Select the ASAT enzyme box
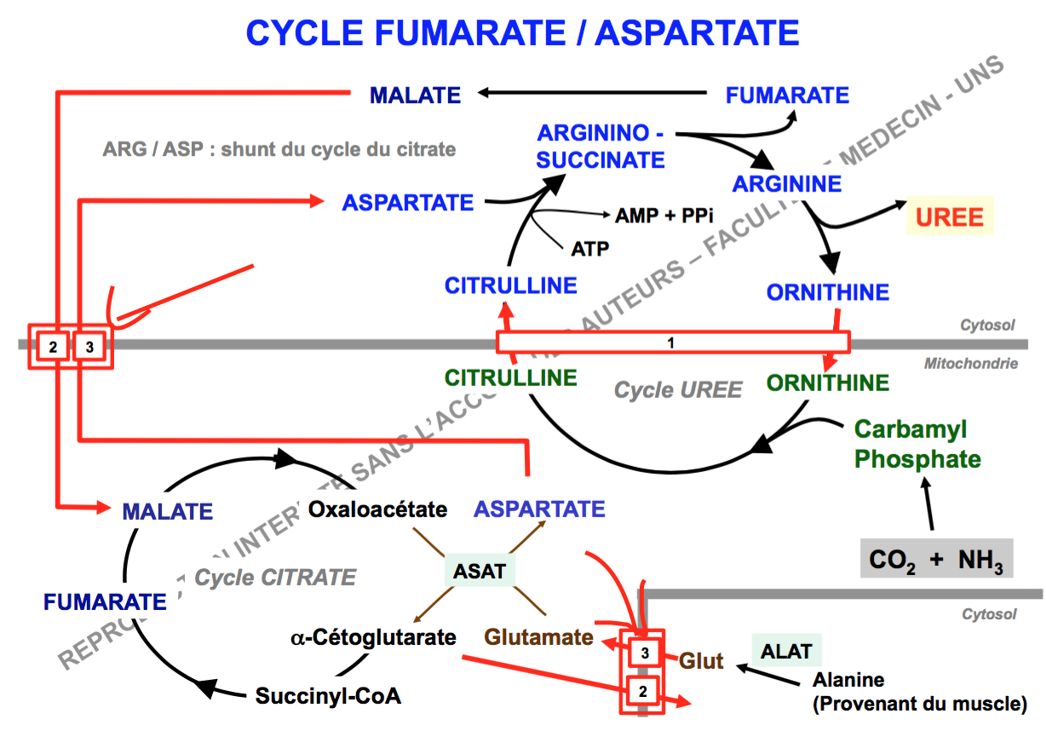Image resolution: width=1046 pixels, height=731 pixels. click(x=479, y=570)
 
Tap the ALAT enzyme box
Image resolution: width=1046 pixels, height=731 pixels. click(x=786, y=652)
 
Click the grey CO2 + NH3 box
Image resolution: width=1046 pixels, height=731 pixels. click(x=936, y=560)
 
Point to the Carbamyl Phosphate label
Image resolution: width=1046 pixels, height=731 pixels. click(x=917, y=444)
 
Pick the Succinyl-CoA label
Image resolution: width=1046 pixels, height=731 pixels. click(x=328, y=695)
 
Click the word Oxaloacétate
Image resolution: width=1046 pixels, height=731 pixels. click(x=377, y=509)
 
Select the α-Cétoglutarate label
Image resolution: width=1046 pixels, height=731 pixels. click(x=372, y=636)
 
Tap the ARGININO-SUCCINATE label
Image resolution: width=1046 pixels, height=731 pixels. click(x=601, y=147)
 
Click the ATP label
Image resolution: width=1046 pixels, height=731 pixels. click(x=590, y=248)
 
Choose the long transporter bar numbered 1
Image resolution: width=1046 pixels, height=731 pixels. click(x=672, y=342)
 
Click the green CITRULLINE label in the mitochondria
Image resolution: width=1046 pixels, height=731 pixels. click(x=510, y=377)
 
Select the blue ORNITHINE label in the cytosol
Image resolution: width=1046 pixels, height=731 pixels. click(x=827, y=292)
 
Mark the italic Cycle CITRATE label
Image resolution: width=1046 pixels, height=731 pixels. click(x=275, y=578)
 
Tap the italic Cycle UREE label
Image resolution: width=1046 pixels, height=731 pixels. click(x=678, y=390)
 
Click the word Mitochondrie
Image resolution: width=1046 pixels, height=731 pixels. click(x=971, y=364)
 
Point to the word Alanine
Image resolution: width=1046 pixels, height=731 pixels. click(x=848, y=680)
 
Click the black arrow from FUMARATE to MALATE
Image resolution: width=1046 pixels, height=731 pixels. click(x=592, y=94)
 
